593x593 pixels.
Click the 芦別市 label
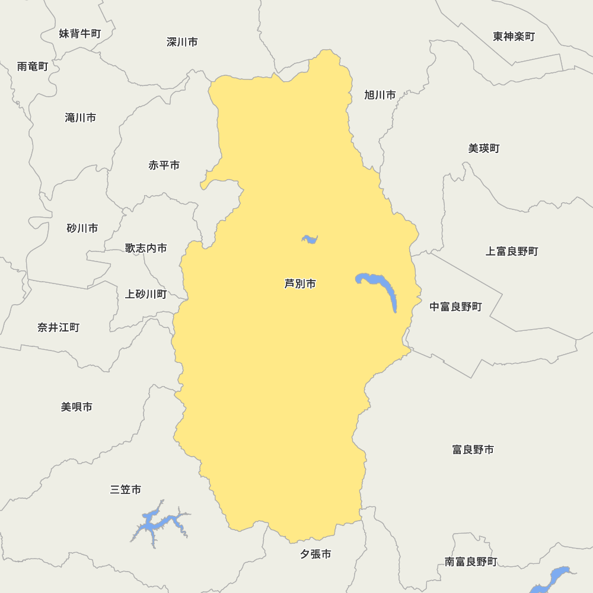click(300, 284)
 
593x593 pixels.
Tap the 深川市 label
click(182, 42)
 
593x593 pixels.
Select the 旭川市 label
click(380, 95)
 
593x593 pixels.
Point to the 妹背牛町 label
click(80, 34)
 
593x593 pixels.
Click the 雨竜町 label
click(33, 66)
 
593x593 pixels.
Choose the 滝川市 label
click(81, 118)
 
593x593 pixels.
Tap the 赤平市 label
click(164, 165)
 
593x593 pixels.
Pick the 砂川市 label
click(82, 228)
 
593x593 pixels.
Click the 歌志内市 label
click(146, 248)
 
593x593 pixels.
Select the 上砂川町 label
click(146, 294)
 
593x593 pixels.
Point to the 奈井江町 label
click(58, 327)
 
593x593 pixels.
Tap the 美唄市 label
click(76, 407)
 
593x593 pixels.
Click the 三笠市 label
click(126, 490)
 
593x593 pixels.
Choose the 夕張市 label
click(315, 554)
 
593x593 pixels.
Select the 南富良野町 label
click(471, 562)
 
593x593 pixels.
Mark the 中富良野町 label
click(455, 307)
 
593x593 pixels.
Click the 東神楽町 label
click(514, 37)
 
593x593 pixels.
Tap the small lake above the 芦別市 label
click(310, 239)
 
